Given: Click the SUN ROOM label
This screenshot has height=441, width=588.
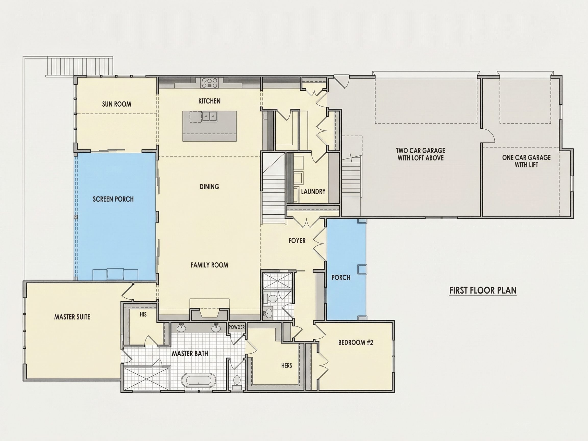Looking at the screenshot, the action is point(116,104).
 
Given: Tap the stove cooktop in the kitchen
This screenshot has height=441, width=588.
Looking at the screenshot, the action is point(210,82).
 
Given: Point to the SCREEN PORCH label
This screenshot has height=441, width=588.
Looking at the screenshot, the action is point(113,199).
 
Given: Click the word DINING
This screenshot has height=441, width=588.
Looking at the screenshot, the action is point(210,187).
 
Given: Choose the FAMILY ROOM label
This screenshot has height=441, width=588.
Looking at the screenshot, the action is point(209,265).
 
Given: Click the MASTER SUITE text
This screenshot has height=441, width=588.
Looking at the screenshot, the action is point(72,317).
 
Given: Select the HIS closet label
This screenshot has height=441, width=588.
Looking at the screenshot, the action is point(143,314).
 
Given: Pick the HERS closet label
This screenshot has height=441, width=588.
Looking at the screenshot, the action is point(287,365).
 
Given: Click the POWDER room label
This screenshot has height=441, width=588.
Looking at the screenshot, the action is point(237,327).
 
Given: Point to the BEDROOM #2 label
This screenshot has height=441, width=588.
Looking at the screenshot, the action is point(356,342).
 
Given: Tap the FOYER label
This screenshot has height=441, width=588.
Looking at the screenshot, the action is point(297,241).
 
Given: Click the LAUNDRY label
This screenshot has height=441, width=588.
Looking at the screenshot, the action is point(313,191).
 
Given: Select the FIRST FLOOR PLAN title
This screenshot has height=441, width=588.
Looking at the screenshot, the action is point(483,290).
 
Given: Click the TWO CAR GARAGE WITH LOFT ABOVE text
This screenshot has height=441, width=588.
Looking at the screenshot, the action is point(421,154).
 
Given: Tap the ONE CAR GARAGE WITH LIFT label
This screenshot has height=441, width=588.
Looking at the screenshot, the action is point(526,161).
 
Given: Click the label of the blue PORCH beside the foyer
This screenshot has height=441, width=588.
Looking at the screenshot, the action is point(341,277).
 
